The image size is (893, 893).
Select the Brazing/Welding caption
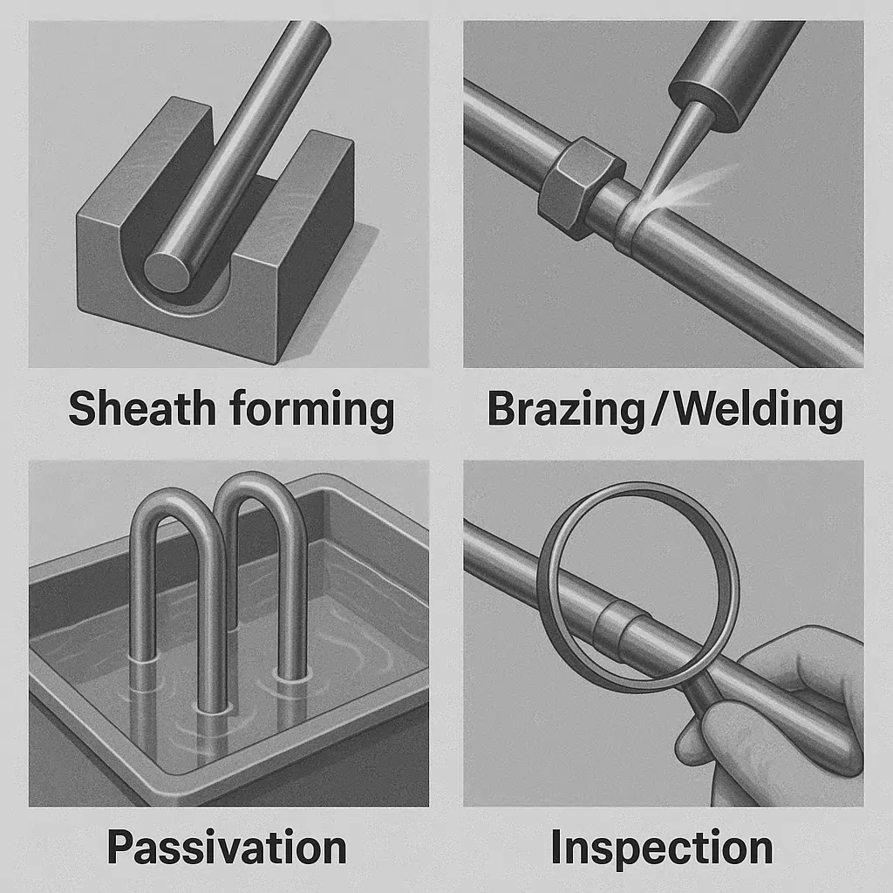pos(665,408)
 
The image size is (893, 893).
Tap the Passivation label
pos(227,847)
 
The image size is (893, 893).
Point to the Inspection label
pos(662,847)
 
